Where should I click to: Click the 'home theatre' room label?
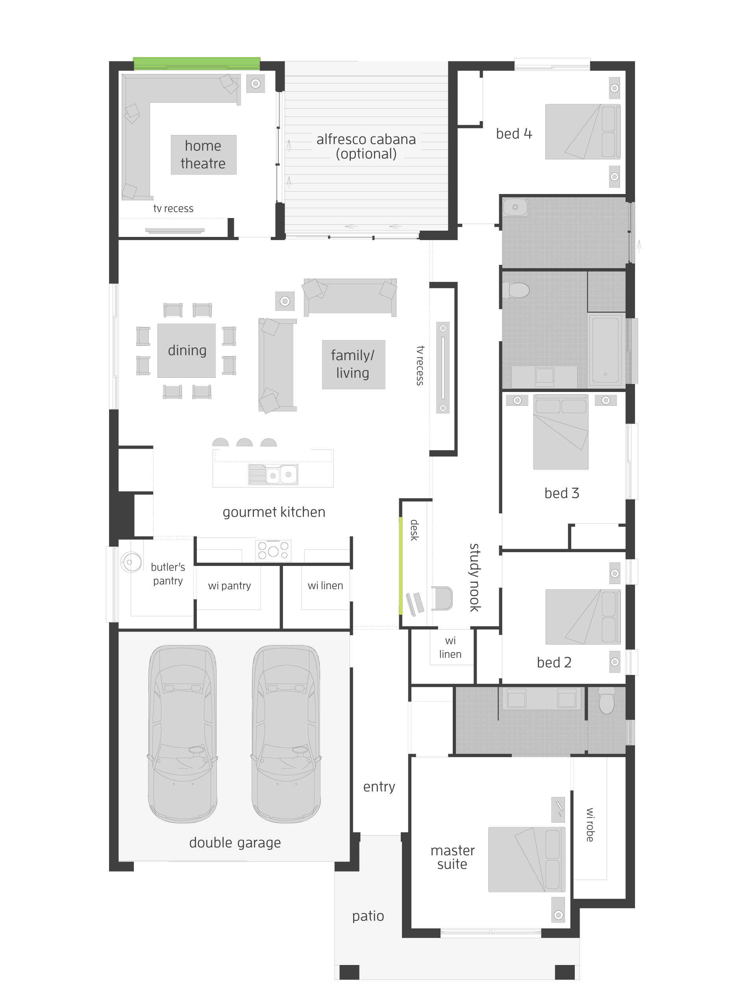(x=203, y=154)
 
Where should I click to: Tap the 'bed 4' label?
(x=514, y=133)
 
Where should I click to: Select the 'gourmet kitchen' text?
(x=274, y=512)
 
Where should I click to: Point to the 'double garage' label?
(x=235, y=842)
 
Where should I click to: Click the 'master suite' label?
(x=452, y=857)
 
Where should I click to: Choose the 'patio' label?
(x=368, y=916)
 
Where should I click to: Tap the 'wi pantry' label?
(x=230, y=586)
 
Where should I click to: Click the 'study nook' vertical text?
(x=474, y=577)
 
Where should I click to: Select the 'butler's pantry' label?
(x=168, y=573)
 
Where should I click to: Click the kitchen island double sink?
(x=273, y=474)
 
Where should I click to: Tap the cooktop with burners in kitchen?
(x=273, y=551)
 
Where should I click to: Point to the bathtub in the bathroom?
(x=606, y=350)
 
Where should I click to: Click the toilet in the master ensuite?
(x=606, y=701)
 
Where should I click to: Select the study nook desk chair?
(x=441, y=598)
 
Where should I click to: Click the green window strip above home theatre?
(x=196, y=63)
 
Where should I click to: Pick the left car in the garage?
(x=182, y=733)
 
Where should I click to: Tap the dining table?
(x=187, y=350)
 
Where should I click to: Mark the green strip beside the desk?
(x=401, y=566)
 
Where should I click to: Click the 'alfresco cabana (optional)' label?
(x=366, y=146)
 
